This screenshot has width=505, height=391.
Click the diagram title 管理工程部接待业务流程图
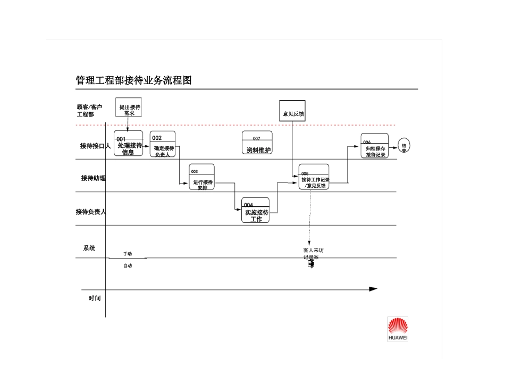133,81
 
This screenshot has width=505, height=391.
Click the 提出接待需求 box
129,110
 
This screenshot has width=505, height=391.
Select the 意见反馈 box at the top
293,111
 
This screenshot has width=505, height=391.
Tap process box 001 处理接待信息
128,144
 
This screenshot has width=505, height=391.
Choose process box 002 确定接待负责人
162,144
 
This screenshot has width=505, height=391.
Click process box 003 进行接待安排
202,177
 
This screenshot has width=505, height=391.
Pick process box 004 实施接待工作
256,210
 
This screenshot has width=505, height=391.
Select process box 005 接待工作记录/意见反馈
314,177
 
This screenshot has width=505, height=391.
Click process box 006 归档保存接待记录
375,146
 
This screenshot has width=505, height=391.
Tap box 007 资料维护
257,143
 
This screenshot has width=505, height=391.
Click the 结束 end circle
404,146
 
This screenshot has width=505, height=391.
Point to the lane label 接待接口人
95,146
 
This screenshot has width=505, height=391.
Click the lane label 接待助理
94,178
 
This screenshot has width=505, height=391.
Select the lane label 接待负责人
91,212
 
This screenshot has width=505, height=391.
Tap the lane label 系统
89,248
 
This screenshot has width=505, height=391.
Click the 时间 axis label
95,298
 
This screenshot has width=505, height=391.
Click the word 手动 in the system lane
128,254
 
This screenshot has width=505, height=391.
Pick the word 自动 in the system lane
128,265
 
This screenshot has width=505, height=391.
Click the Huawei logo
398,329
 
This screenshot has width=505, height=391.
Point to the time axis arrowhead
373,289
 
